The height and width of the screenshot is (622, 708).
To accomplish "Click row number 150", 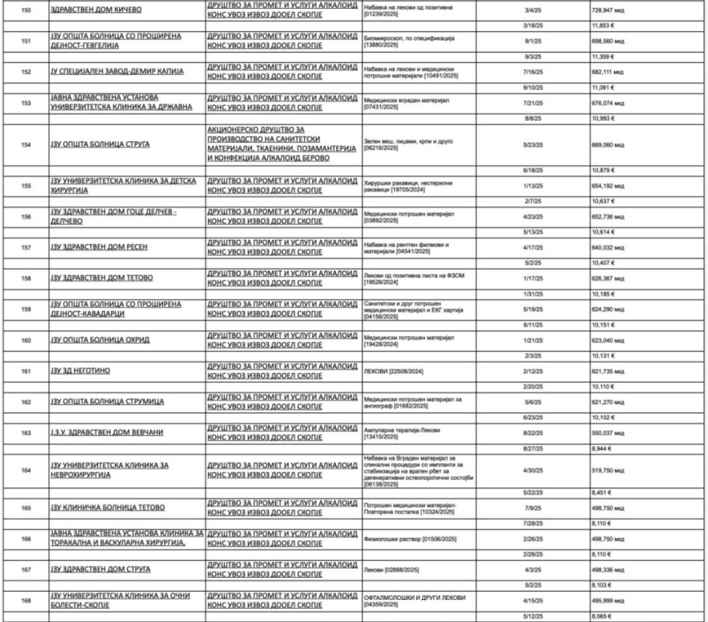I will (27, 12).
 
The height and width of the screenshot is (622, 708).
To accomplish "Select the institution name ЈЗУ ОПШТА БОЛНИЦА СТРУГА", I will (100, 144).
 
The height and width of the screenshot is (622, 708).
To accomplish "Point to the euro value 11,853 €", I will (603, 26).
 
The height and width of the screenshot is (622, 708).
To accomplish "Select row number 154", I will (27, 144).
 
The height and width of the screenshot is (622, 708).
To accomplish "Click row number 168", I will (27, 601).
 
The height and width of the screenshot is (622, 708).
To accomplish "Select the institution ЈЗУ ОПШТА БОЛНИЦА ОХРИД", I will (100, 339).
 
